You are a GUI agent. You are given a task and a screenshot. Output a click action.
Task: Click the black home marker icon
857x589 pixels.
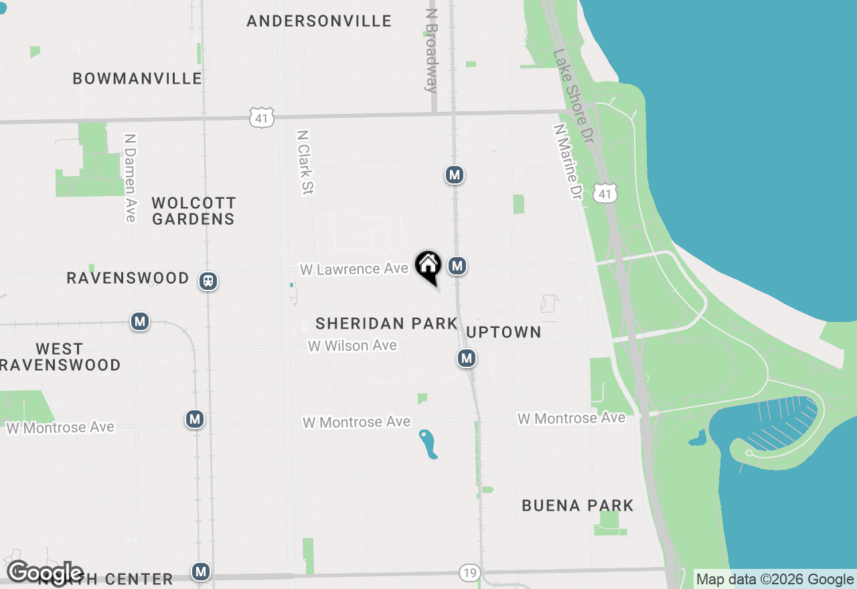click(x=428, y=266)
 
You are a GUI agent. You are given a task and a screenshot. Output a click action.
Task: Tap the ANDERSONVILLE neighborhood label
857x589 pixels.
click(x=319, y=21)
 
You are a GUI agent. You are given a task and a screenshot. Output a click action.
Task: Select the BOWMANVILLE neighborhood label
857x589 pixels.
click(x=137, y=78)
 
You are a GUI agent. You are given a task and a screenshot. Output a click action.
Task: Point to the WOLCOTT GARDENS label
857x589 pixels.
click(x=193, y=211)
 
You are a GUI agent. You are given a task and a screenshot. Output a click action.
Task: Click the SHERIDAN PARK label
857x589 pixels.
click(x=386, y=324)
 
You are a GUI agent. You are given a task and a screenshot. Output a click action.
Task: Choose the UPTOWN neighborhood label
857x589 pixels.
click(x=503, y=333)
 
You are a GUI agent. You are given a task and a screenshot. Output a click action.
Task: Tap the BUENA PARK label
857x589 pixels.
click(x=578, y=505)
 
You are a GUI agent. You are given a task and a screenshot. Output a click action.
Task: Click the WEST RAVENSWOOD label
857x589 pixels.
click(x=60, y=357)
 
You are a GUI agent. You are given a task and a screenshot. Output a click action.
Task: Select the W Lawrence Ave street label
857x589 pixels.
click(x=354, y=269)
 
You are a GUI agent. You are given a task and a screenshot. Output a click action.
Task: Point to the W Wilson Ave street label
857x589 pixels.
click(x=352, y=345)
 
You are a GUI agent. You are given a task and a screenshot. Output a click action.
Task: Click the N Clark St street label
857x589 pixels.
click(x=305, y=162)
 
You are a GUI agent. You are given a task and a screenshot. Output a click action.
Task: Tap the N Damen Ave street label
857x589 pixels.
click(x=130, y=177)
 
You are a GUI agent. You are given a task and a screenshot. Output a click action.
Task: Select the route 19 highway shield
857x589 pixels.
click(x=470, y=572)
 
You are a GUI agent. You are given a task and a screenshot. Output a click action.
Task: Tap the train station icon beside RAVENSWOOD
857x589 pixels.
click(x=209, y=281)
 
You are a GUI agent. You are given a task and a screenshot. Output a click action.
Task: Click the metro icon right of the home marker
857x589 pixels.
click(x=457, y=266)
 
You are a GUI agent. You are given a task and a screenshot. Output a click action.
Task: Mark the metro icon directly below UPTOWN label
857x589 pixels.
click(x=467, y=359)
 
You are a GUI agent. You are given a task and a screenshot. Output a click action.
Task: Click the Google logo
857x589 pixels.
click(x=45, y=574)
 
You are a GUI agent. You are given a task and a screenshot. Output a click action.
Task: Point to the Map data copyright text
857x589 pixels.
click(x=775, y=580)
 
